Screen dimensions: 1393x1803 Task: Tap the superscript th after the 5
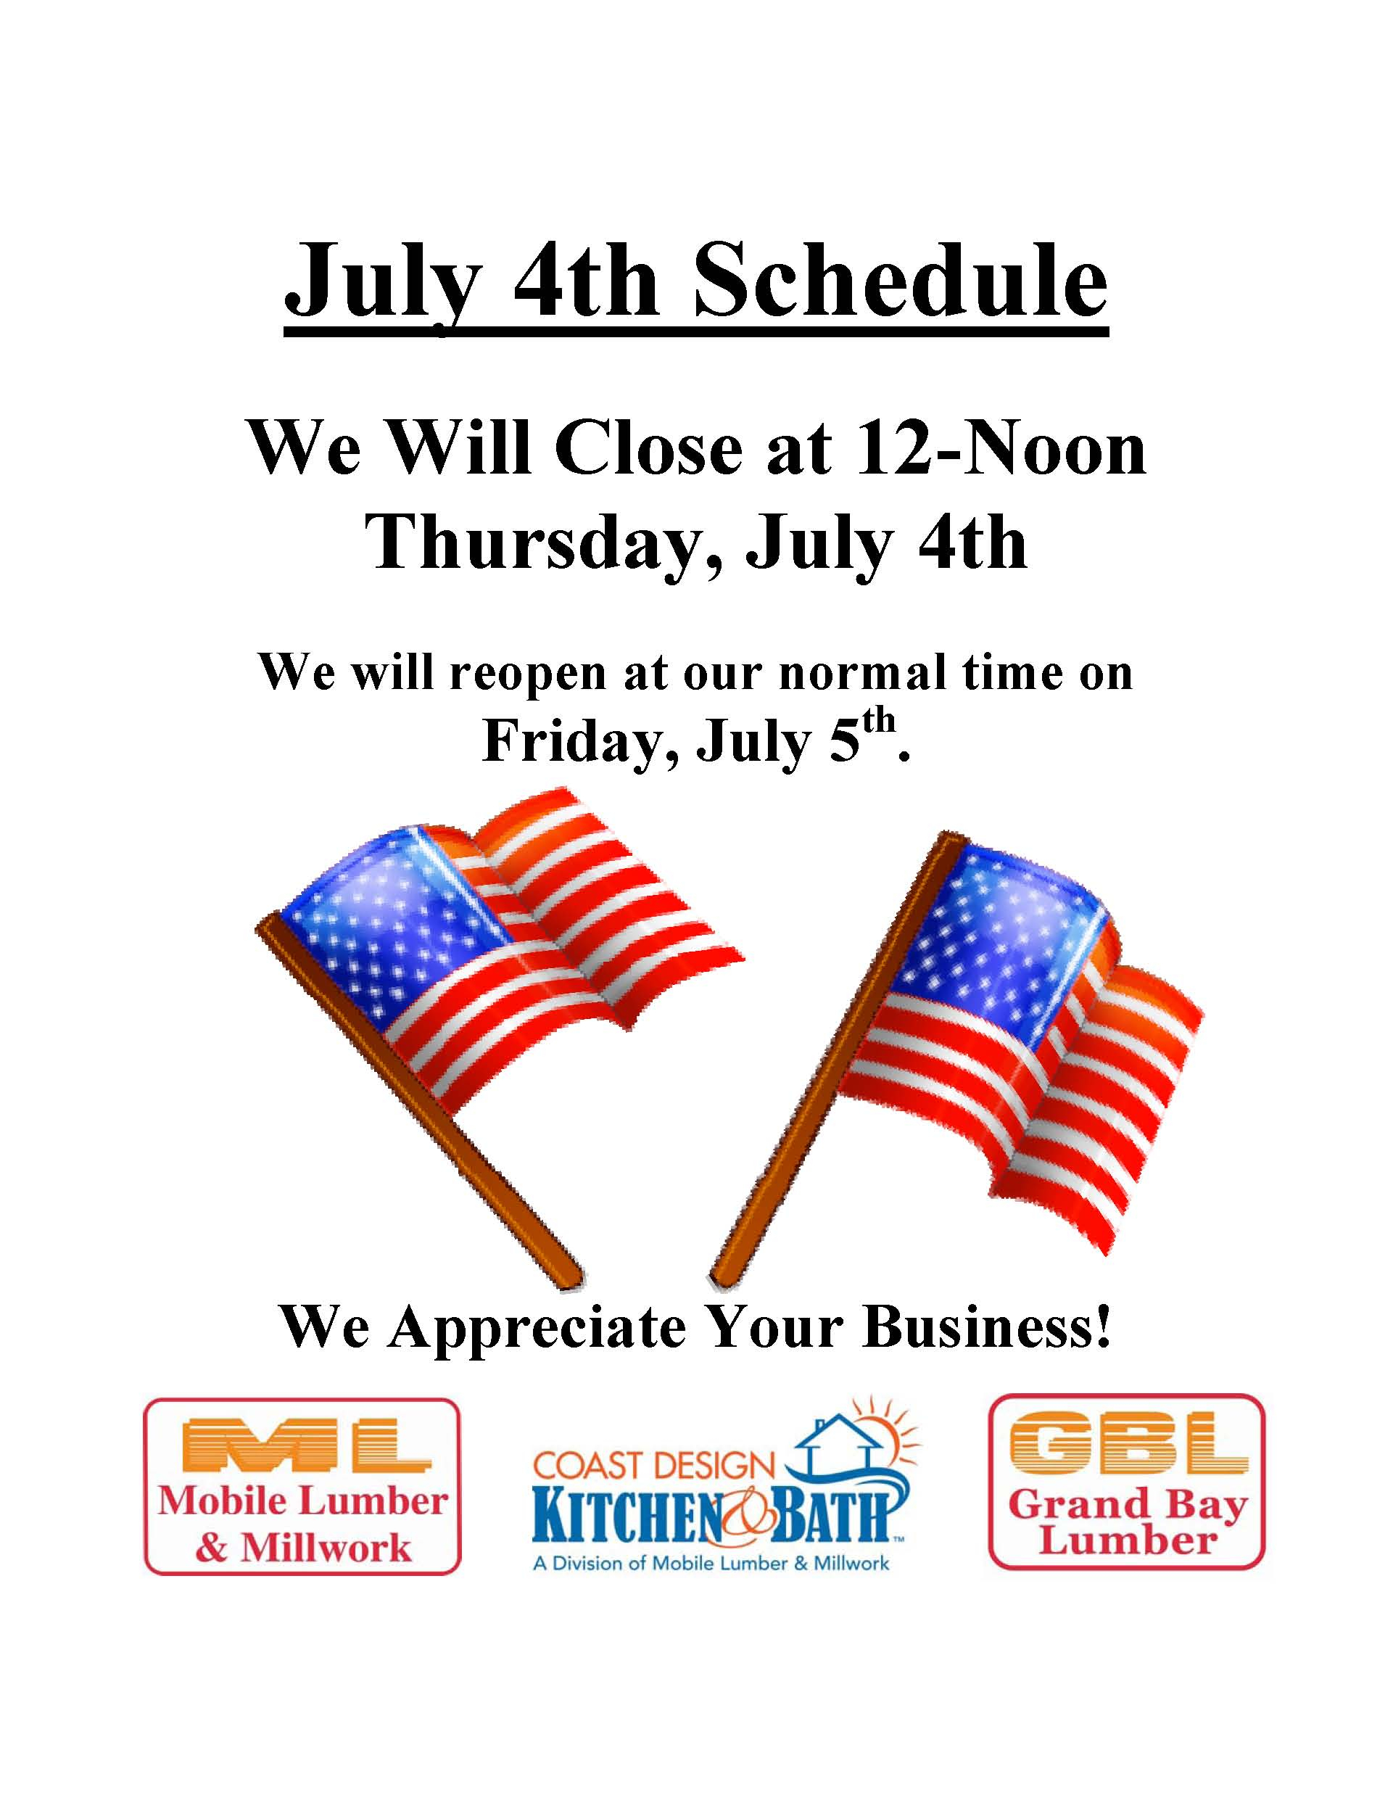[880, 722]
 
